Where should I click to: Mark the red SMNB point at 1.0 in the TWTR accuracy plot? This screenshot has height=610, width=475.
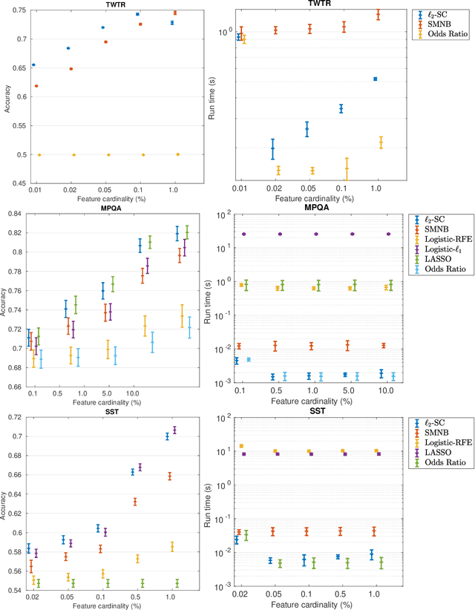click(174, 13)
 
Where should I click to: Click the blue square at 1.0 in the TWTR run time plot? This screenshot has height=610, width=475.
click(376, 79)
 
